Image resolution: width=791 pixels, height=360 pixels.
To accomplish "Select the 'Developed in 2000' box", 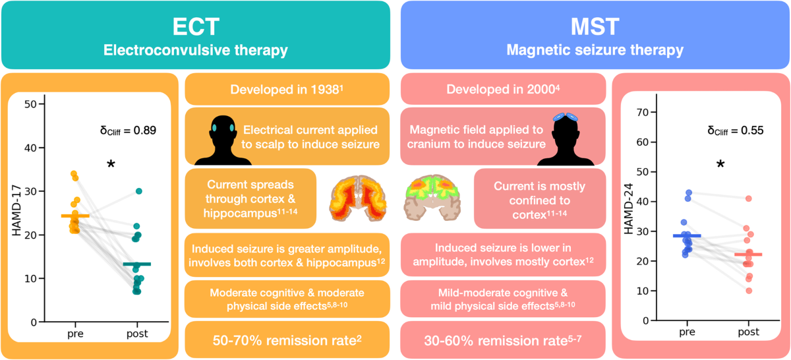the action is click(502, 89).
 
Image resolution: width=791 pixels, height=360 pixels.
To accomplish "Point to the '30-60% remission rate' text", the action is click(502, 340).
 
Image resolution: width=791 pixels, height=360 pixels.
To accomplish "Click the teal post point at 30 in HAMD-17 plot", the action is click(139, 191).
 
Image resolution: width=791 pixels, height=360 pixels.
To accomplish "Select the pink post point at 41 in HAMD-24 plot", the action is click(748, 198).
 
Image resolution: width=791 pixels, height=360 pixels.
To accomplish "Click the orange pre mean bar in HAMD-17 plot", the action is click(74, 216).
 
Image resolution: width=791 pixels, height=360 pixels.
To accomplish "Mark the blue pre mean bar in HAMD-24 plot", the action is click(687, 235).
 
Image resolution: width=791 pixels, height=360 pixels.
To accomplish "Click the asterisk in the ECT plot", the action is click(111, 163).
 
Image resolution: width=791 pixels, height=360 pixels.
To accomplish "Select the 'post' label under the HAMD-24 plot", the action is click(747, 334).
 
